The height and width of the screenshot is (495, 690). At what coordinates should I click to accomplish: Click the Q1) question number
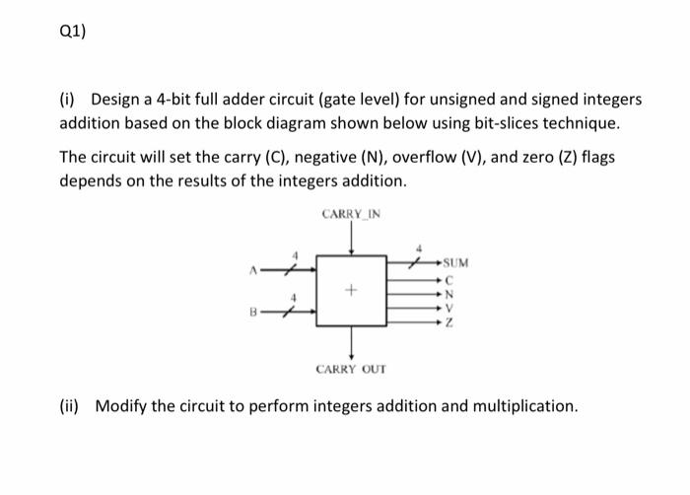[72, 30]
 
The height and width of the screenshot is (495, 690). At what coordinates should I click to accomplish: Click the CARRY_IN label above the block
[351, 214]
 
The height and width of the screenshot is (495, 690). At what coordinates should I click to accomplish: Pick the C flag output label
[448, 278]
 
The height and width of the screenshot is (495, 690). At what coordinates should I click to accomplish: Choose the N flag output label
[448, 292]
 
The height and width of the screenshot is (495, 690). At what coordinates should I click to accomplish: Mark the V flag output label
[448, 306]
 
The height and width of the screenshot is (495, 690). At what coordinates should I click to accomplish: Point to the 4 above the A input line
[292, 254]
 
